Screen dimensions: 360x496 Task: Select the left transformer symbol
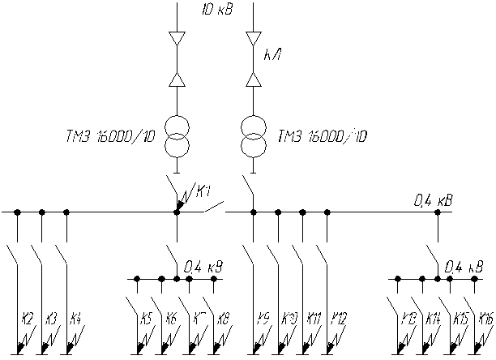(x=177, y=136)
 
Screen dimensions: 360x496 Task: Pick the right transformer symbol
(x=254, y=136)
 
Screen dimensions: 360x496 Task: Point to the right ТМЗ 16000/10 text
(x=322, y=136)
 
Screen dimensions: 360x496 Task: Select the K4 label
(x=75, y=318)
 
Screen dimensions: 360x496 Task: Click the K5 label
(x=147, y=318)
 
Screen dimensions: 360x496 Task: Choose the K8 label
(x=223, y=318)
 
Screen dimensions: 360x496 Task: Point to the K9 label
(x=263, y=318)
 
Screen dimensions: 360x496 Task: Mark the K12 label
(x=338, y=318)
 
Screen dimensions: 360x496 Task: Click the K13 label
(x=409, y=318)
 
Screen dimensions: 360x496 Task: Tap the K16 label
(x=485, y=318)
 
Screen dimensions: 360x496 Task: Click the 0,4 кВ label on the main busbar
(x=434, y=198)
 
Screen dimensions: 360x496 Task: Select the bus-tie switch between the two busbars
(x=213, y=209)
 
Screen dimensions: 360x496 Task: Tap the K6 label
(x=171, y=318)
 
